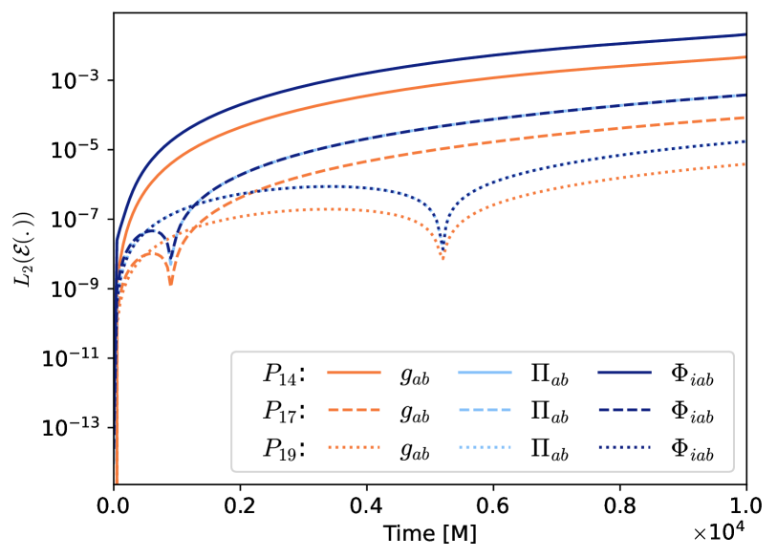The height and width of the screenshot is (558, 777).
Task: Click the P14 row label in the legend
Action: click(284, 375)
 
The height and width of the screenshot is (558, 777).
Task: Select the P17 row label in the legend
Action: click(284, 411)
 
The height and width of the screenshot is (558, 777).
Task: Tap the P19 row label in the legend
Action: click(284, 447)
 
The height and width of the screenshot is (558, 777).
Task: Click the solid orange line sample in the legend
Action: click(354, 372)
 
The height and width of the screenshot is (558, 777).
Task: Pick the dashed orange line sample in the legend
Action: click(354, 409)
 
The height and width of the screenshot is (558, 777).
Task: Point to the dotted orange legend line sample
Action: click(354, 446)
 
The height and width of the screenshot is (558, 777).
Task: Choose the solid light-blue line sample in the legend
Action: click(486, 372)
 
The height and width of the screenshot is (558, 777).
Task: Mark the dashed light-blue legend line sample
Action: click(486, 409)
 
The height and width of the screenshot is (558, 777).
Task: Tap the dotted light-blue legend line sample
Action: click(486, 446)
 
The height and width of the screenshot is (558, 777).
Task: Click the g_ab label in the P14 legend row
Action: click(414, 376)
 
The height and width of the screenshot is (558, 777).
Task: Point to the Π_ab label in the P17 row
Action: click(550, 412)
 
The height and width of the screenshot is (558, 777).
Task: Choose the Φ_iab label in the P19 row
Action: click(692, 449)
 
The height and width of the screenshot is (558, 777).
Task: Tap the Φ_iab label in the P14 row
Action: click(692, 376)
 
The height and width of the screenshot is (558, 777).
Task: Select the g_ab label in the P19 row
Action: click(414, 449)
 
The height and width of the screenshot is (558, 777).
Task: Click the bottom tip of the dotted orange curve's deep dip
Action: click(442, 260)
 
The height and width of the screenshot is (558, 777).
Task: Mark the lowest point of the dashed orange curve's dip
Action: click(171, 285)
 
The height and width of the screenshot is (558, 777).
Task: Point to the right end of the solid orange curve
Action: click(745, 57)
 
